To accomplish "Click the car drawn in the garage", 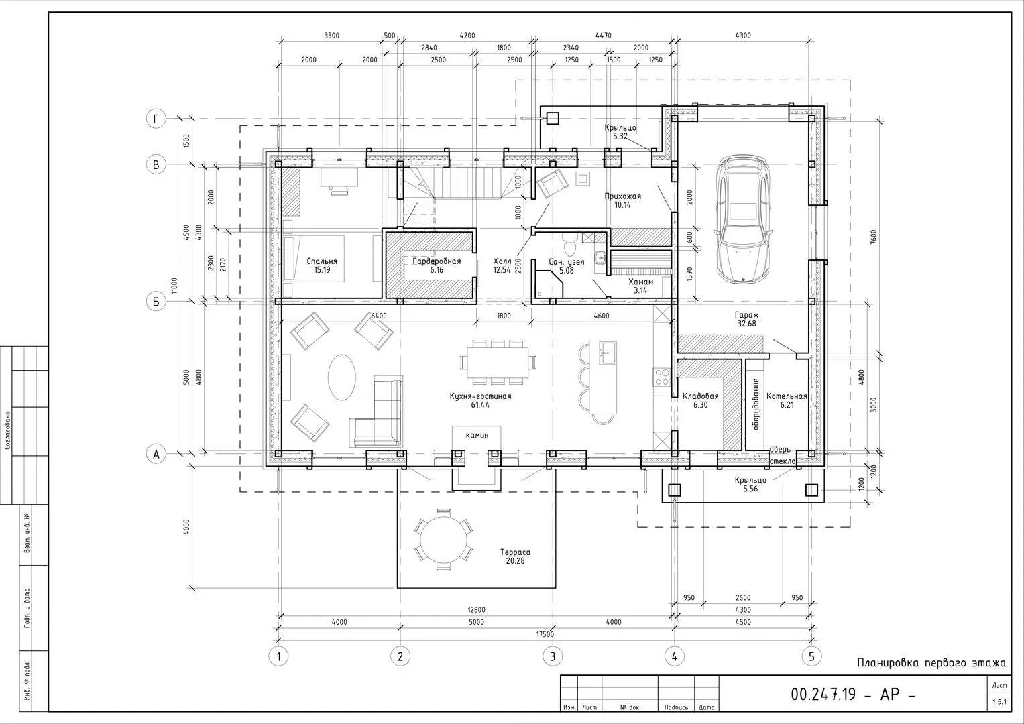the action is pyautogui.click(x=743, y=219).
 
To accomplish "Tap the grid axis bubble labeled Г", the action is pyautogui.click(x=156, y=119).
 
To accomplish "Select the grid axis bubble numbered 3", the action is pyautogui.click(x=552, y=657).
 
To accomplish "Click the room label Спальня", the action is pyautogui.click(x=322, y=261).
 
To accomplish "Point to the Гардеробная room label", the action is pyautogui.click(x=437, y=261).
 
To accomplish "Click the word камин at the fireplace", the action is pyautogui.click(x=477, y=435).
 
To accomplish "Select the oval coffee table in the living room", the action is pyautogui.click(x=341, y=377).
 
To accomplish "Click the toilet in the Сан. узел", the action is pyautogui.click(x=569, y=245).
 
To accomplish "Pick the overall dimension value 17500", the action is pyautogui.click(x=545, y=634).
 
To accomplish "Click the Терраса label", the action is pyautogui.click(x=515, y=552).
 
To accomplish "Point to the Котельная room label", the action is pyautogui.click(x=787, y=396).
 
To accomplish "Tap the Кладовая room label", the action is pyautogui.click(x=700, y=396).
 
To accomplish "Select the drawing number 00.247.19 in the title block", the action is pyautogui.click(x=823, y=695).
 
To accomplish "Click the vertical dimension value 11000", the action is pyautogui.click(x=174, y=286).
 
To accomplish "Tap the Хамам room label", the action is pyautogui.click(x=640, y=282).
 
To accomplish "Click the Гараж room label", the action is pyautogui.click(x=746, y=315).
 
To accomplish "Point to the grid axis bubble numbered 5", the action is pyautogui.click(x=811, y=657).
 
